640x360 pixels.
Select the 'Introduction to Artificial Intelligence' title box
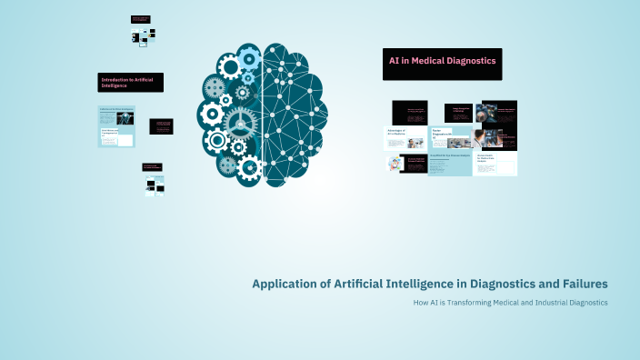[131, 83]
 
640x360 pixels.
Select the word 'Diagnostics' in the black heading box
[469, 60]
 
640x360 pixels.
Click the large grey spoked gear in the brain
[239, 122]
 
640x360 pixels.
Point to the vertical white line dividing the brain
[264, 109]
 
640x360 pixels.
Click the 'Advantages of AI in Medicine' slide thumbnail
[405, 138]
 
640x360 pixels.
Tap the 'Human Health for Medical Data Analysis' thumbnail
[496, 164]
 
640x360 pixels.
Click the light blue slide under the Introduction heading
[116, 126]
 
